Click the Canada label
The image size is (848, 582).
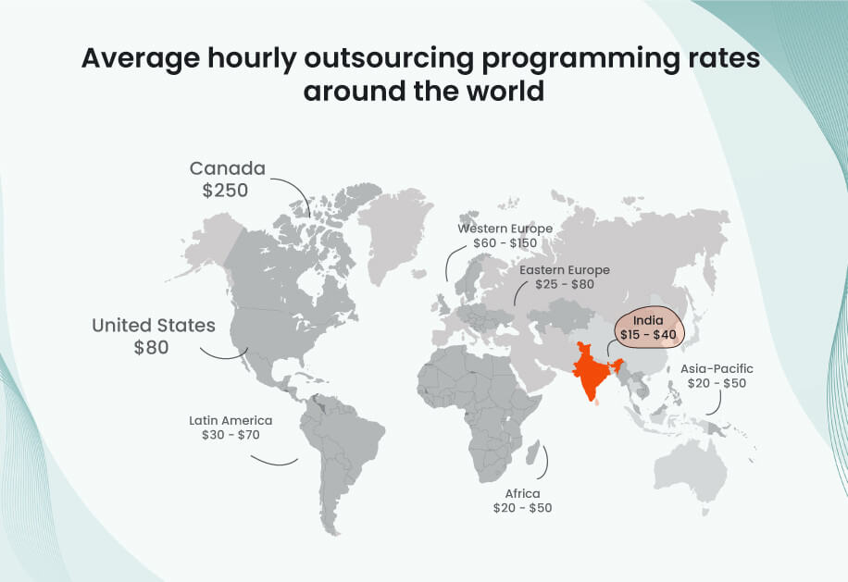pos(227,168)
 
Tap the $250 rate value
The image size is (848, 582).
pos(227,191)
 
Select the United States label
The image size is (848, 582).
pos(154,326)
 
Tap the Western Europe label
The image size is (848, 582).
pos(505,229)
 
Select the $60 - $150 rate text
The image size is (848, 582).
pos(505,242)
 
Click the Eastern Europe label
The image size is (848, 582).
pos(565,270)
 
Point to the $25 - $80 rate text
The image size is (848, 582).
pos(565,284)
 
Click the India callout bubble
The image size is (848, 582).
pos(647,325)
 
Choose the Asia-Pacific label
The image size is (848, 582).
pos(717,368)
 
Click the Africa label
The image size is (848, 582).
pos(522,493)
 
